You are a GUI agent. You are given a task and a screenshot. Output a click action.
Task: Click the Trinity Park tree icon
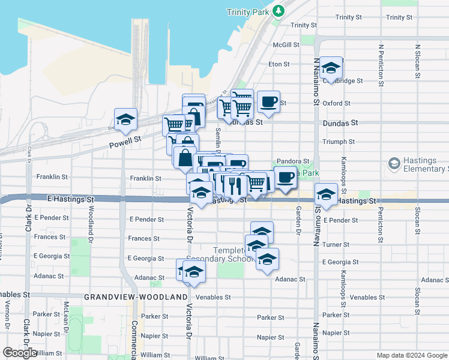coord(278,11)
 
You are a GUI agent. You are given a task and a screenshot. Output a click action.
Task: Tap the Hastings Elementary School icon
coord(394,163)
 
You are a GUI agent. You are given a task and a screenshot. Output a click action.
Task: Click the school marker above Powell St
coord(125,121)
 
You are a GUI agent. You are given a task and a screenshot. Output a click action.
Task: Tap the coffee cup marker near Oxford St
coord(268,101)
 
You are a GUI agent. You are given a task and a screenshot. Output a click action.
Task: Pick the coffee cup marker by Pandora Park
coord(286,177)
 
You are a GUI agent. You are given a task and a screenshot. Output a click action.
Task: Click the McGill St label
coord(286,45)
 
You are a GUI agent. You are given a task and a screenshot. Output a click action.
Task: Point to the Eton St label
coord(279,64)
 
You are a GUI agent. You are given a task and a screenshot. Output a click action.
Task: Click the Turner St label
coord(336,245)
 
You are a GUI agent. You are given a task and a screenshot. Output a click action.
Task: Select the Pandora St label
coord(297,161)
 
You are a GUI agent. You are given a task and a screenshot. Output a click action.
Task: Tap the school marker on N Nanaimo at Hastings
coord(326,195)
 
